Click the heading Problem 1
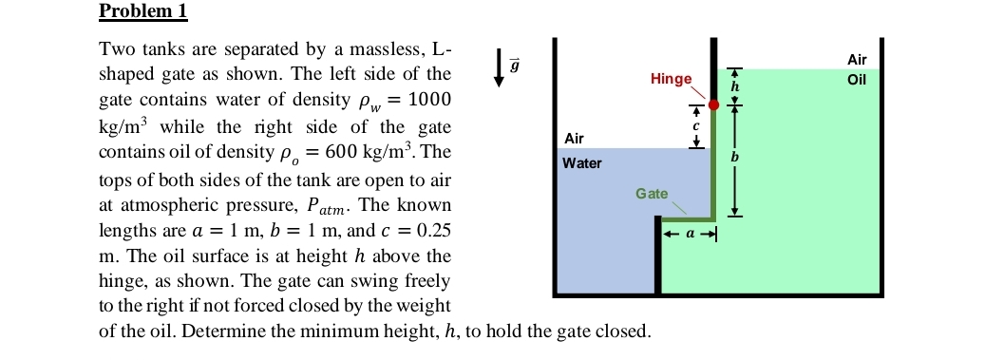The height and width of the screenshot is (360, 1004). tap(143, 11)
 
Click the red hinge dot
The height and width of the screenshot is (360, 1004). tap(713, 104)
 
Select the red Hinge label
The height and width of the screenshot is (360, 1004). tap(672, 79)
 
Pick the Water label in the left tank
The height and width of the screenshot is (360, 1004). tap(581, 163)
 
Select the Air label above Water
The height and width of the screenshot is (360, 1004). tap(574, 139)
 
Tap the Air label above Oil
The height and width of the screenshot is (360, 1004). tap(856, 59)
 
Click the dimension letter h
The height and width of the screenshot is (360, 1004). tap(733, 86)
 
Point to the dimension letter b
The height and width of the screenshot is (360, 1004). tap(733, 157)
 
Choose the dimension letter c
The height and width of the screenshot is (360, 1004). tap(695, 125)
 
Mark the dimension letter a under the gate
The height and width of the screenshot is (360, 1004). tap(687, 233)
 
